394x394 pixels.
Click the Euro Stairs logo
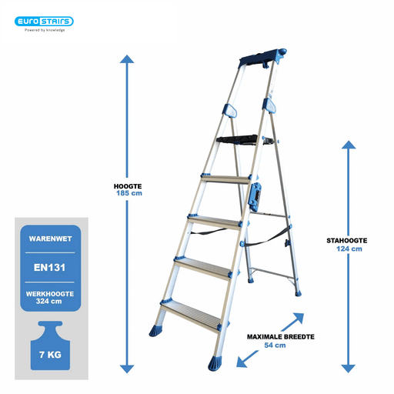pos(44,22)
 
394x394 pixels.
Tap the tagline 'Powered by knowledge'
pos(45,30)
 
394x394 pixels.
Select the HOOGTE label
pos(128,186)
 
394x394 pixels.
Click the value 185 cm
pos(129,193)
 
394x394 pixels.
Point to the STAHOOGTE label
pos(347,241)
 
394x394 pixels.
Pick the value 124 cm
pos(349,249)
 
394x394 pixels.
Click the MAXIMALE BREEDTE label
pos(281,337)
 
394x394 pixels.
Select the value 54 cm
pos(275,346)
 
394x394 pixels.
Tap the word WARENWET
pos(50,239)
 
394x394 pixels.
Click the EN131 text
pos(49,268)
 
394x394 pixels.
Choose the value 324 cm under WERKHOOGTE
pos(48,301)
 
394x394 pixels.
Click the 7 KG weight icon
pos(50,346)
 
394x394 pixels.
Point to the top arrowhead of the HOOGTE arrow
pos(127,58)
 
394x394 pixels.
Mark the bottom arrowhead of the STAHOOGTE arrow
pos(349,369)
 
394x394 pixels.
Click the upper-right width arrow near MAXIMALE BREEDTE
pos(293,322)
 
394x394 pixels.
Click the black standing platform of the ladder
pos(237,140)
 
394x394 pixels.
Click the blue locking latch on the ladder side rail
pos(255,197)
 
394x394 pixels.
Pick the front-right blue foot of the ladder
pos(215,363)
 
